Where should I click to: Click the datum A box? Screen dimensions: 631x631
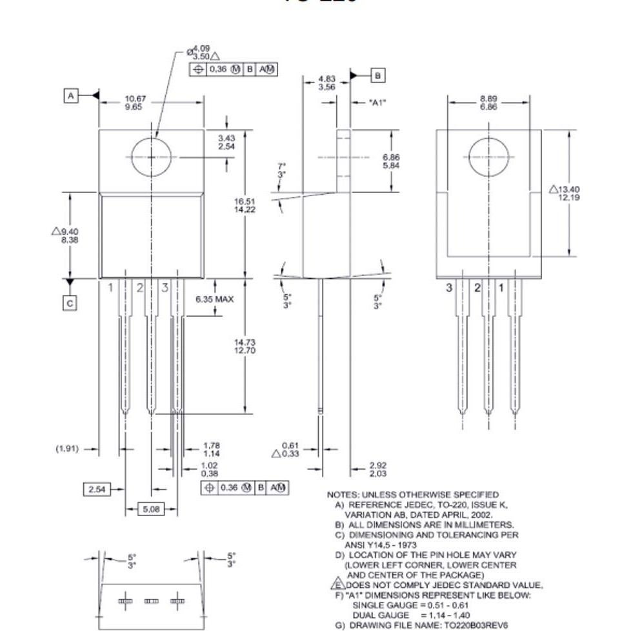(71, 95)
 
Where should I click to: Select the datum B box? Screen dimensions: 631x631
(377, 75)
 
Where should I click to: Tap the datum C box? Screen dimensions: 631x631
(70, 303)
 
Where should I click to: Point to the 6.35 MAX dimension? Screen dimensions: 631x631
(214, 299)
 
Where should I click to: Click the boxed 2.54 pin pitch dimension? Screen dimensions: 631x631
(97, 490)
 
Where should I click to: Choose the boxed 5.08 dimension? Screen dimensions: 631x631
(150, 509)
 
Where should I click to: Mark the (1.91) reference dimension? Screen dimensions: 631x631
(67, 448)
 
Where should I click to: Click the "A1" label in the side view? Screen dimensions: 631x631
(377, 102)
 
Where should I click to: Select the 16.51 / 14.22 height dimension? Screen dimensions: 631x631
(245, 205)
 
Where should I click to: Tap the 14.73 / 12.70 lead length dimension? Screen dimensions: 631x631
(245, 346)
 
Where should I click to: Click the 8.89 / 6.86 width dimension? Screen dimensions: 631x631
(488, 103)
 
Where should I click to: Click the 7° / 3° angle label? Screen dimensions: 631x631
(281, 170)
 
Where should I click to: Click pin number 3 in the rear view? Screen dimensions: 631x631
(449, 288)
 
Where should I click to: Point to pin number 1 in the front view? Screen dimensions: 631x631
(110, 287)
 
